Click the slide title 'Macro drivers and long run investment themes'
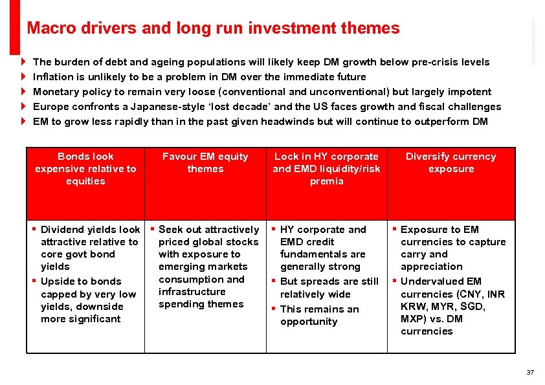coord(213,28)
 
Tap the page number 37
coord(530,372)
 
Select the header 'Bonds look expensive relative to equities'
coord(85,169)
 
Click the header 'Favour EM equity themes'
coord(205,162)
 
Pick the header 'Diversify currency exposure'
coord(450,162)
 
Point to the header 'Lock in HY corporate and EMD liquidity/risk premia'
coord(326,169)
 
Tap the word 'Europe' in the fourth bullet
coord(50,107)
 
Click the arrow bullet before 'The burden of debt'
coord(23,62)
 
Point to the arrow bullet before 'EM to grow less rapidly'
coord(23,122)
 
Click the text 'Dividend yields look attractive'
coord(90,236)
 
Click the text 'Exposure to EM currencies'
coord(447,236)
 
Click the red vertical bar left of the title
coord(15,26)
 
